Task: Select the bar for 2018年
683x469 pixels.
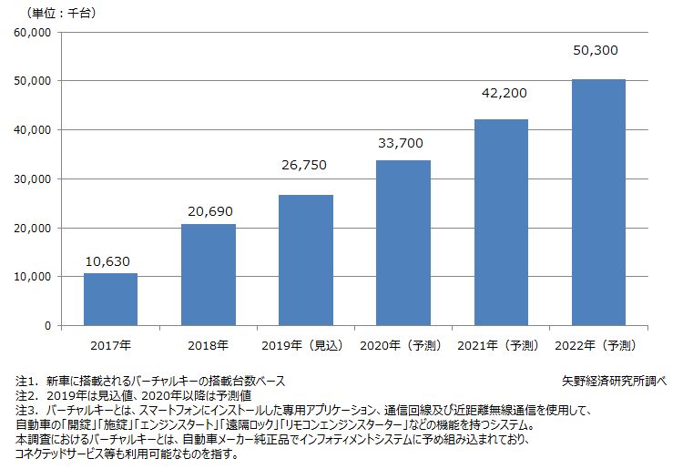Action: [209, 274]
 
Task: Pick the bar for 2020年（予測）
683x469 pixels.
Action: [403, 242]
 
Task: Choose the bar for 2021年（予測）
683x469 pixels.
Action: [501, 222]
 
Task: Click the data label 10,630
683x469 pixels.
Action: [110, 262]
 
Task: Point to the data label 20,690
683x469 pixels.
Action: [209, 212]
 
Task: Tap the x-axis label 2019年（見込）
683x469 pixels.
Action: [306, 345]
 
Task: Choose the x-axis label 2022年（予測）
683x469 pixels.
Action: [598, 345]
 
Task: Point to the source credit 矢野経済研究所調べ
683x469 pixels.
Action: [615, 381]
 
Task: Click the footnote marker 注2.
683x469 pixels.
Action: [26, 395]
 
